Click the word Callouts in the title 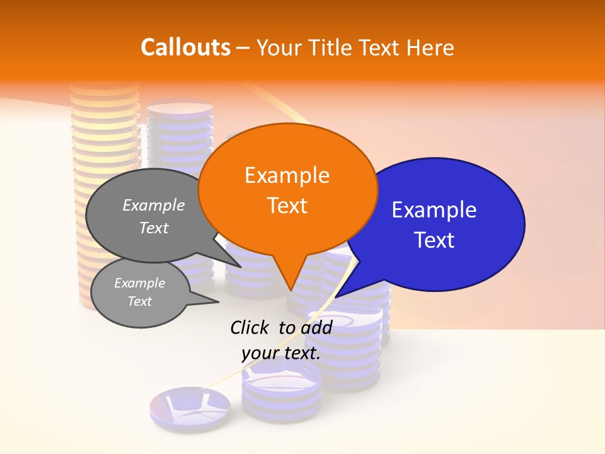point(185,47)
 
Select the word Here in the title point(430,47)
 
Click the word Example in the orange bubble point(287,175)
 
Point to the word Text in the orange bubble point(287,206)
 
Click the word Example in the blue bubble point(434,210)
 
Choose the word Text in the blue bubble point(434,240)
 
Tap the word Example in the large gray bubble point(154,206)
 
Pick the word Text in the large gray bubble point(154,228)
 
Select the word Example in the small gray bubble point(139,283)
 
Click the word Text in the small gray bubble point(139,301)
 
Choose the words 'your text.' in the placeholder point(281,353)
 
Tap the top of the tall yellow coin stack point(105,88)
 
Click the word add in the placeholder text point(316,327)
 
